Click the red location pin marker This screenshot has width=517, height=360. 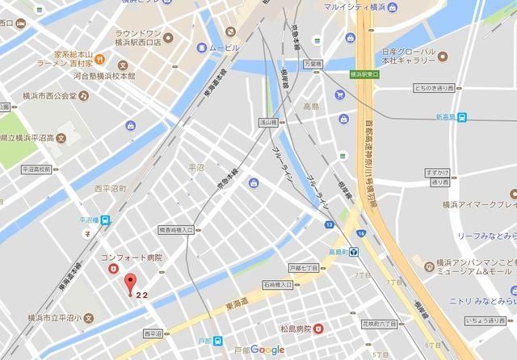click(x=128, y=284)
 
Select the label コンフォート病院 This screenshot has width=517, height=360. click(x=132, y=257)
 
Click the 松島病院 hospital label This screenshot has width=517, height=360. click(x=296, y=329)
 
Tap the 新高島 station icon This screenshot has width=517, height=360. click(x=461, y=117)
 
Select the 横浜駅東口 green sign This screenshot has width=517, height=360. click(x=366, y=73)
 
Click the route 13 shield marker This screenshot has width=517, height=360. click(x=329, y=224)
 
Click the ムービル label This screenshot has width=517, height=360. click(x=225, y=48)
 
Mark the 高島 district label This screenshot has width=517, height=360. click(x=311, y=106)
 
